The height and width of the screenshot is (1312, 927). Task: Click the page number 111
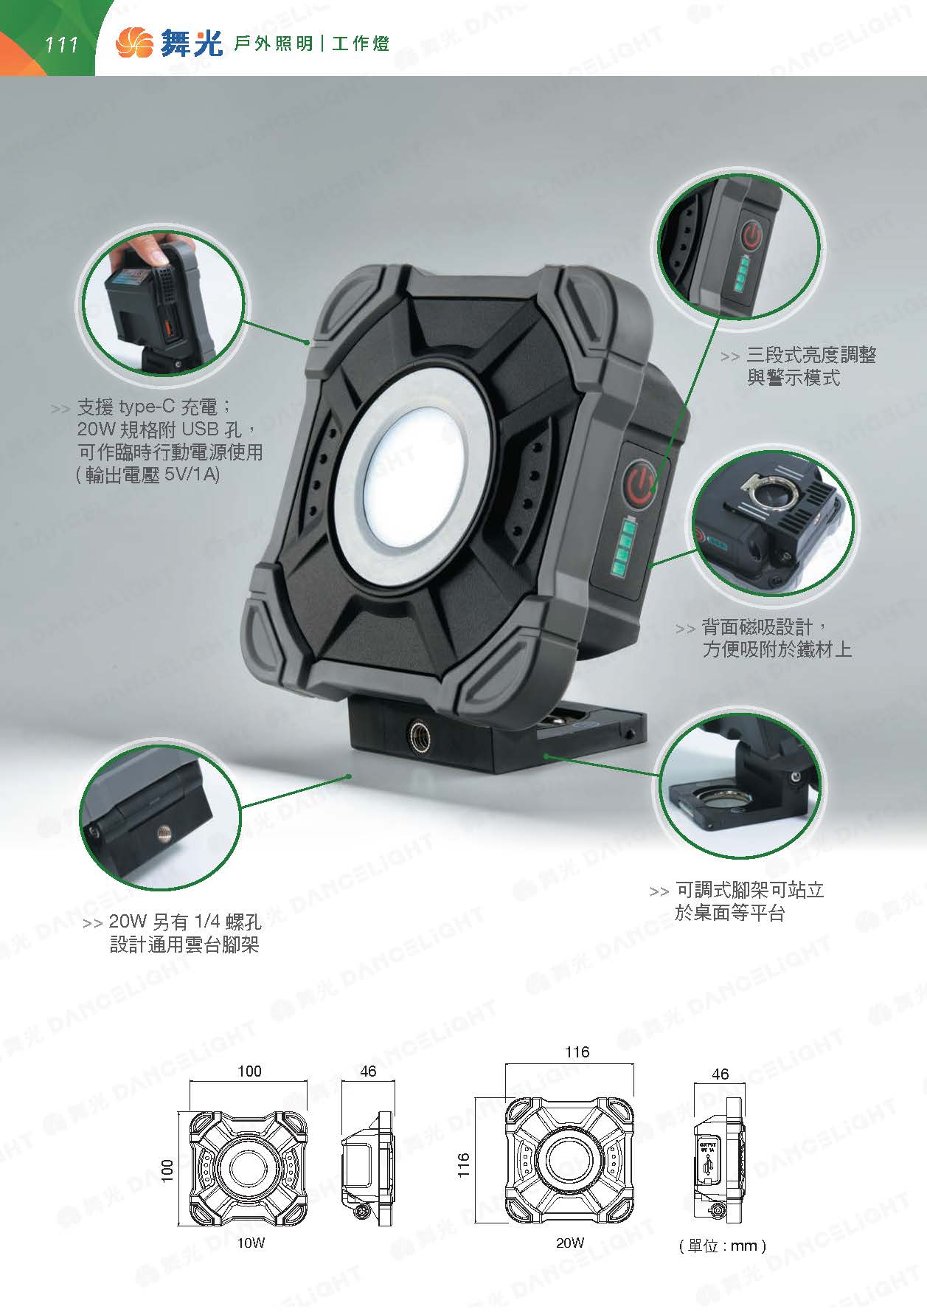click(x=61, y=45)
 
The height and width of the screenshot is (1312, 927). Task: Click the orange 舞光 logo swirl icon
click(x=133, y=43)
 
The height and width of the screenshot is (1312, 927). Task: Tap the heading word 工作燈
click(x=360, y=44)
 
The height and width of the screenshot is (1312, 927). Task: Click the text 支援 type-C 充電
click(x=154, y=407)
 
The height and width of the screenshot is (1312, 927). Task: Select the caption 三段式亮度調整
click(x=811, y=355)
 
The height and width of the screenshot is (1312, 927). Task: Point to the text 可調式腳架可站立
click(x=749, y=890)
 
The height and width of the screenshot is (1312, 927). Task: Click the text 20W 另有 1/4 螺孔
click(x=184, y=922)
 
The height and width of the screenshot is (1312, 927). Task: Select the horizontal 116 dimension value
click(x=577, y=1052)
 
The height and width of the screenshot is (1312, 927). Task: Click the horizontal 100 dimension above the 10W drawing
click(x=249, y=1071)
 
